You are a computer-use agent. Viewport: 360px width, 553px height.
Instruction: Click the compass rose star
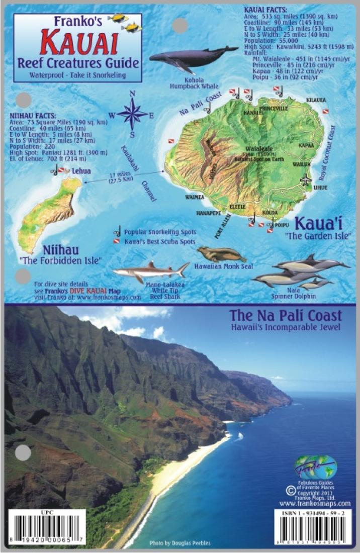(132, 114)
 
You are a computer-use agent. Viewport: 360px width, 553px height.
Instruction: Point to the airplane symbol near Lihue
(306, 179)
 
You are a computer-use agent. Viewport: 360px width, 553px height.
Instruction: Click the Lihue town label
(320, 188)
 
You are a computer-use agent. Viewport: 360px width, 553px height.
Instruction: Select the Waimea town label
(195, 197)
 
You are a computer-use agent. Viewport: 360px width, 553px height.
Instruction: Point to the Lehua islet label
(81, 171)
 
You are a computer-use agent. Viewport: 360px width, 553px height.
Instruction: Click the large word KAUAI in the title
(79, 43)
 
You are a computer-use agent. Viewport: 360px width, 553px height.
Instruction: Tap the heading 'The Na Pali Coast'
(285, 316)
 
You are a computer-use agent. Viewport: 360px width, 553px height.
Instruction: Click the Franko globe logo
(315, 467)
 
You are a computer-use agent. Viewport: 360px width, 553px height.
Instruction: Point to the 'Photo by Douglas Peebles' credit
(180, 543)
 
